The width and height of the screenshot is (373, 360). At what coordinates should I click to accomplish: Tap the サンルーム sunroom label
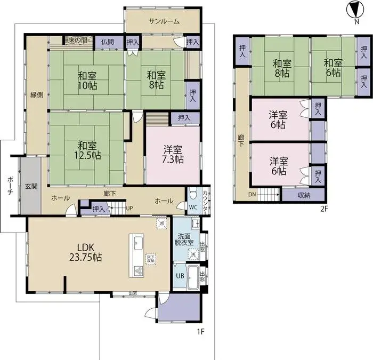[164, 21]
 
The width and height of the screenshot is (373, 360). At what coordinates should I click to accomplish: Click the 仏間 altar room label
[107, 42]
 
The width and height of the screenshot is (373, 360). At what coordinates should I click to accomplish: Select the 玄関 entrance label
[30, 186]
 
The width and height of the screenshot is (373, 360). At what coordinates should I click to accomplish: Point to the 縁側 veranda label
[36, 95]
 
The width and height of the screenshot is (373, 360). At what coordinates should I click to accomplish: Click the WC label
[193, 207]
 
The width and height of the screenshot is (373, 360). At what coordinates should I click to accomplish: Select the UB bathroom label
[180, 276]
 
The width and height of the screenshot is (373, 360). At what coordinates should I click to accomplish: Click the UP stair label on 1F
[129, 208]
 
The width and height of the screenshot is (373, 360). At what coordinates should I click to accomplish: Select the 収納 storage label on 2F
[304, 195]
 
